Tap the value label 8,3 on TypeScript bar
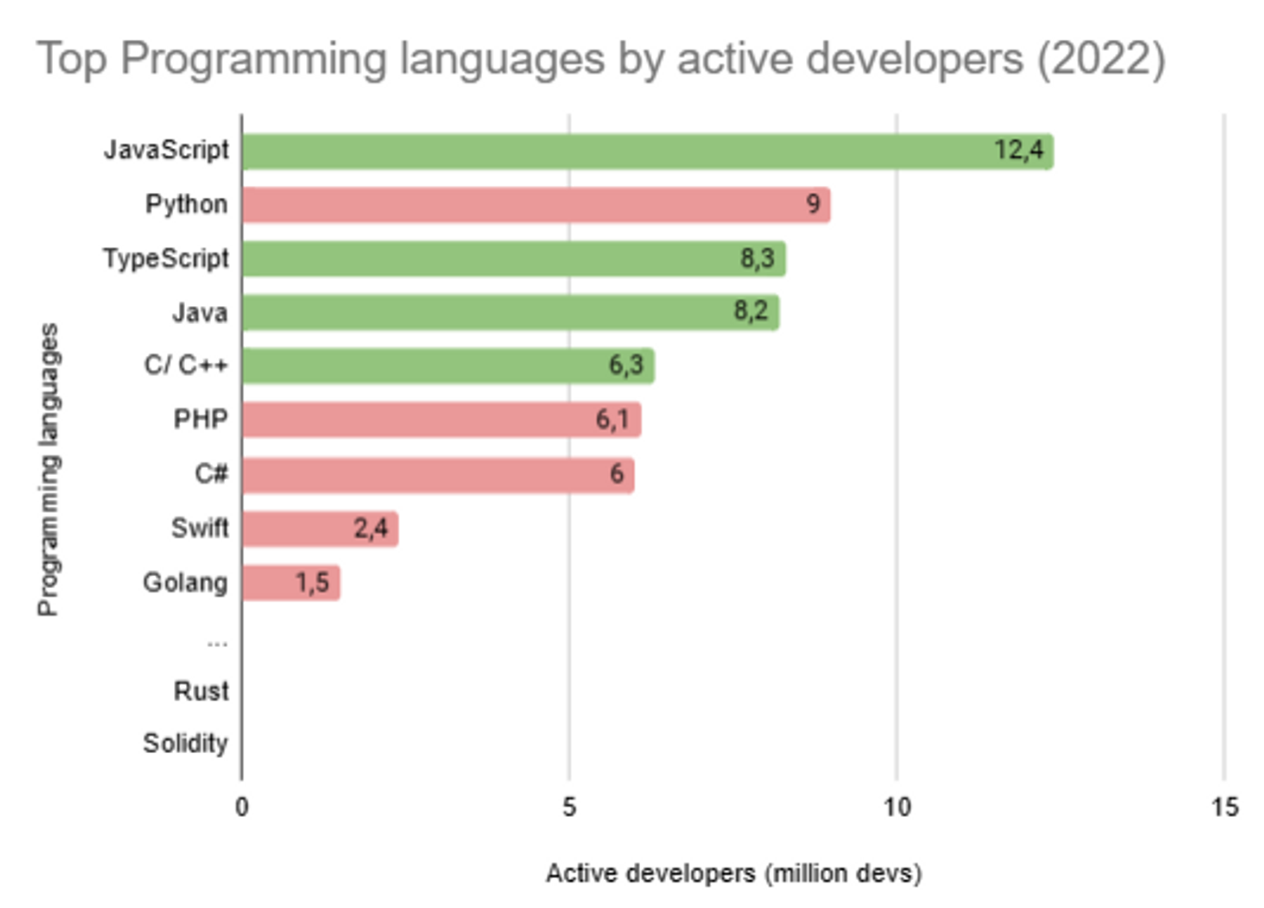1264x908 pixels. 757,258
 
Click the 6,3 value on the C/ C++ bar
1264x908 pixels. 626,365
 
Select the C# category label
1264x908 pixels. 210,474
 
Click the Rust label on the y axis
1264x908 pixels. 201,691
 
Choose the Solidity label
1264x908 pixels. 185,743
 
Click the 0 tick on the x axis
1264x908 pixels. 241,807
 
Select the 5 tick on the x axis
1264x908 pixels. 569,807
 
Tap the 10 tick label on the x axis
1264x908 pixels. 896,807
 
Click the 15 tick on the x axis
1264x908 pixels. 1224,807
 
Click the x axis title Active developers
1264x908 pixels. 733,873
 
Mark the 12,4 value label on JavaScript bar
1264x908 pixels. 1019,150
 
